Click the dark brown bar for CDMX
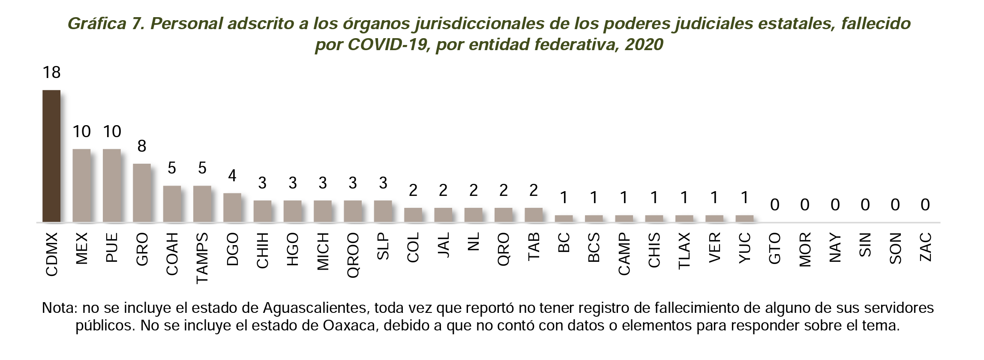point(51,156)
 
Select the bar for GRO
point(142,193)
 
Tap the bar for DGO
point(232,207)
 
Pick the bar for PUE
point(111,186)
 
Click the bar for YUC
point(744,219)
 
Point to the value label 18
point(51,73)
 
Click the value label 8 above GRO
point(142,147)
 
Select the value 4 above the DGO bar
point(232,176)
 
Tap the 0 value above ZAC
point(925,205)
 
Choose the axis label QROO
point(353,255)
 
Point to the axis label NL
point(473,241)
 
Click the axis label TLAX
point(684,251)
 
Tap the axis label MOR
point(805,249)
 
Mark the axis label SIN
point(865,245)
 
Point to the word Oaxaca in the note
point(349,326)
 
